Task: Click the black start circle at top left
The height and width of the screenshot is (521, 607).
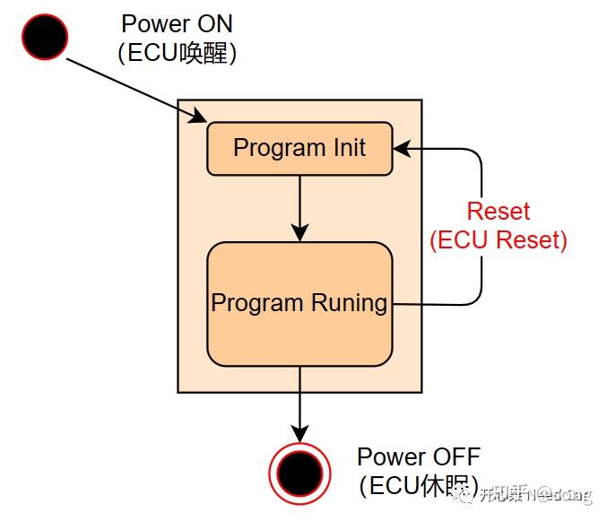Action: tap(44, 37)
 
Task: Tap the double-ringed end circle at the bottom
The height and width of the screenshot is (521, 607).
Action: tap(299, 468)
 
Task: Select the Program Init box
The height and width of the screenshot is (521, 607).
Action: tap(299, 149)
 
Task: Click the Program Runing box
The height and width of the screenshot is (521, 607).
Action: tap(299, 304)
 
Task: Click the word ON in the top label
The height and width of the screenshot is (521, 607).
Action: tap(214, 24)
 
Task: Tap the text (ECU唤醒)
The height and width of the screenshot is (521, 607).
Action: tap(178, 53)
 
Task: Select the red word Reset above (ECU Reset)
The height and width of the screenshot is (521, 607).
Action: tap(499, 213)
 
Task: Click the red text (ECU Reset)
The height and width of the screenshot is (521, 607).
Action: tap(499, 240)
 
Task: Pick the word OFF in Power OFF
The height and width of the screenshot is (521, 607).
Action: tap(452, 456)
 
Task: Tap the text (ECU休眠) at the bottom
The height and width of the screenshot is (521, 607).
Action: tap(418, 485)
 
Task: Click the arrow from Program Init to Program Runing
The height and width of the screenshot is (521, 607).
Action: tap(299, 208)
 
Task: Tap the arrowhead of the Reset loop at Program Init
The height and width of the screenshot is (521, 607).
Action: tap(402, 149)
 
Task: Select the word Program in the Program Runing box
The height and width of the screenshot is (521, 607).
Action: tap(250, 303)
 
